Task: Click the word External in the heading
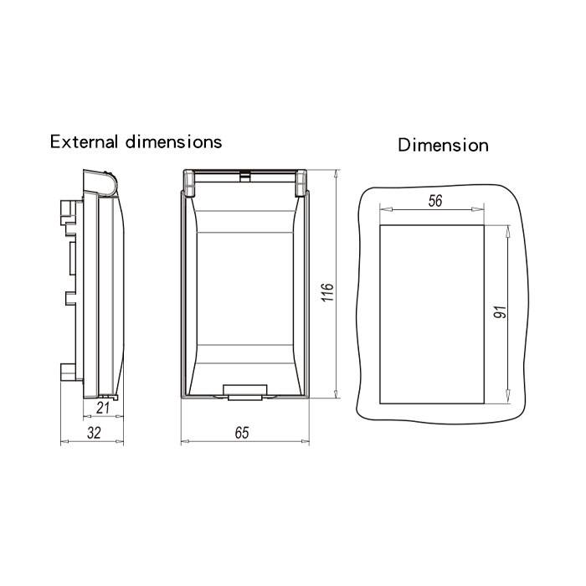(x=84, y=142)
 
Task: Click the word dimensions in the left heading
(x=174, y=142)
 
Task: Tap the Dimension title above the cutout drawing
(x=443, y=145)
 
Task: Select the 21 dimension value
(x=103, y=408)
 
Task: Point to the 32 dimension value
(x=94, y=433)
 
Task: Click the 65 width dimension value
(x=242, y=433)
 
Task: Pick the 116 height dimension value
(x=327, y=292)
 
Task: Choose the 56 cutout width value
(x=435, y=201)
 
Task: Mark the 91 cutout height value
(x=500, y=312)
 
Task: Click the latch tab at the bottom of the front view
(x=244, y=392)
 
